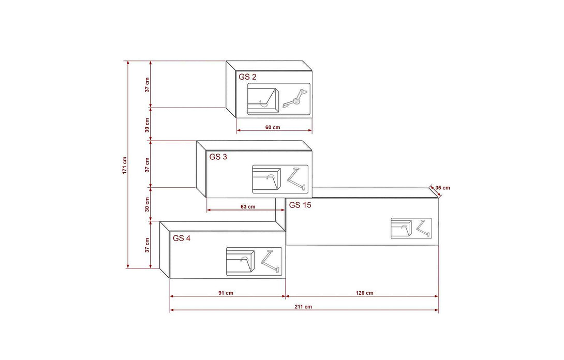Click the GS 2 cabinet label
point(247,77)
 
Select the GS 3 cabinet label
point(218,157)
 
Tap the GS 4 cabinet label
point(182,238)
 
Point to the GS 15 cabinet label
point(300,205)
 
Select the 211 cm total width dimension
point(303,307)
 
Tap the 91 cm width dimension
point(226,293)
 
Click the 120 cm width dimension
point(365,293)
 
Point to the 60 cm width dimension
point(273,127)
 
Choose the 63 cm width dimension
point(248,207)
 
